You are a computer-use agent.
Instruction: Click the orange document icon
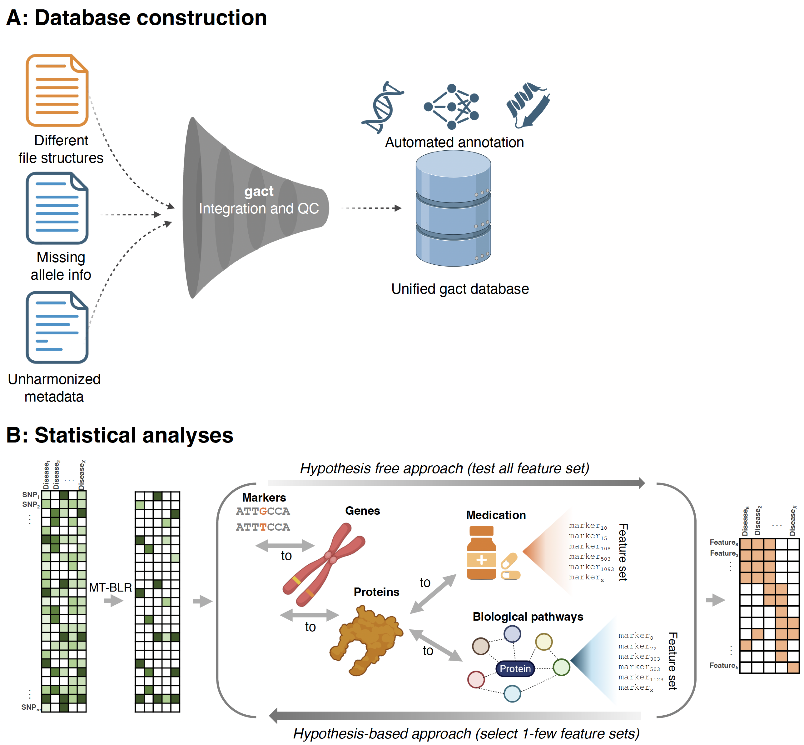pos(57,90)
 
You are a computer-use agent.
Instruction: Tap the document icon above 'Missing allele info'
pos(57,208)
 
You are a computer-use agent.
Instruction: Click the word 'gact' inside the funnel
pos(259,191)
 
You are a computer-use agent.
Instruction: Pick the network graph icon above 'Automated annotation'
pos(452,107)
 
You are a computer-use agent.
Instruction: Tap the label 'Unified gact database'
pos(460,289)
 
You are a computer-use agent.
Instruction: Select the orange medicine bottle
pos(482,553)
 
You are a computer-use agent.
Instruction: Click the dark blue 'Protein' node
pos(515,669)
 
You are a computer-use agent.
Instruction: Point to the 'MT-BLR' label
pos(111,587)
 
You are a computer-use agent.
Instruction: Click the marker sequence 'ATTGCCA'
pos(263,511)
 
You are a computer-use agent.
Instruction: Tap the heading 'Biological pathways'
pos(528,617)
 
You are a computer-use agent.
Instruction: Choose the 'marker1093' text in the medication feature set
pos(591,567)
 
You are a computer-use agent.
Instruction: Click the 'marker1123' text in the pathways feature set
pos(640,678)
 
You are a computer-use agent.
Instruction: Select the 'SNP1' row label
pos(31,495)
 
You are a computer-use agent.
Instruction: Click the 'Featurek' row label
pos(723,666)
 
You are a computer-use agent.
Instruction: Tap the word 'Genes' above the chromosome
pos(362,511)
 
